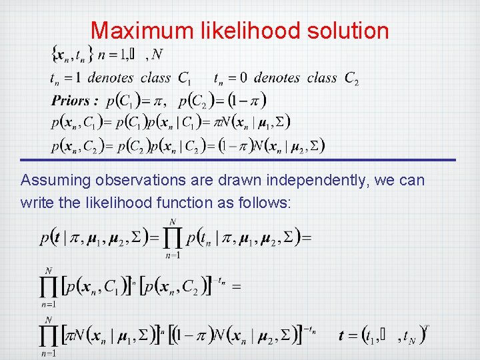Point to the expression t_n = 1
pos(67,79)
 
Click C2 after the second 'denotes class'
pos(352,79)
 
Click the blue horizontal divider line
pos(238,160)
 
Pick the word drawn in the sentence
pos(229,181)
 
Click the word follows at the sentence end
pos(265,202)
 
